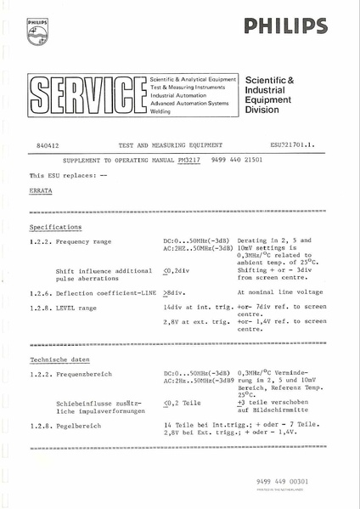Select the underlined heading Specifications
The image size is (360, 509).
coord(55,228)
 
